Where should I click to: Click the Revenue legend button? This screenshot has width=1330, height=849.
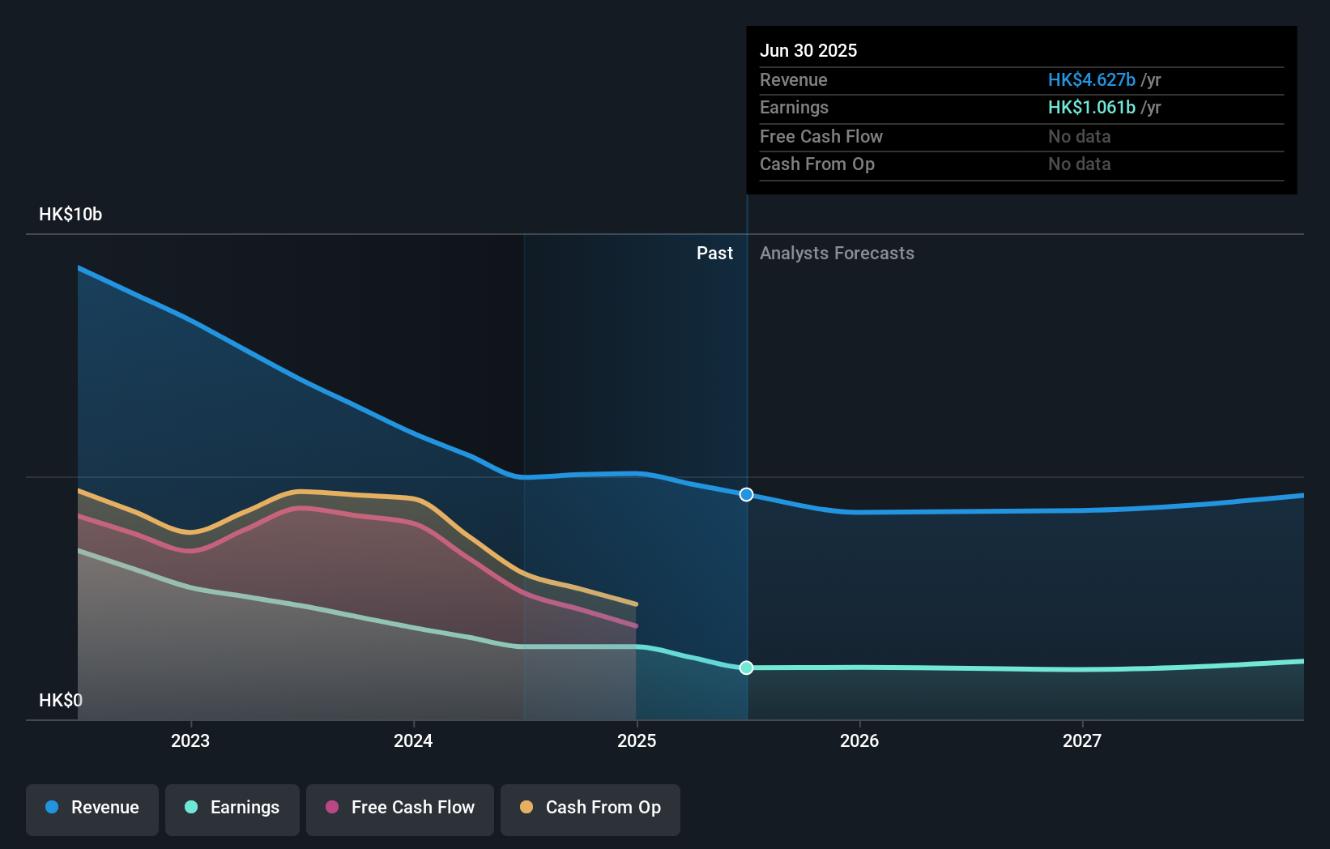[92, 808]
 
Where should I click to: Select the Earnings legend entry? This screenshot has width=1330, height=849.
[232, 808]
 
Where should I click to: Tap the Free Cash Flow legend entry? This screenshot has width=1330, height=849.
[400, 808]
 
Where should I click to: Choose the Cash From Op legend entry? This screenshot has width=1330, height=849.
[590, 808]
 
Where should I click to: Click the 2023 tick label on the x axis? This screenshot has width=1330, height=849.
[190, 741]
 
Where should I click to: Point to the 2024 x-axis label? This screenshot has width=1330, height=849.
[413, 741]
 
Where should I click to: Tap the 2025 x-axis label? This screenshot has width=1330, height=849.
[637, 741]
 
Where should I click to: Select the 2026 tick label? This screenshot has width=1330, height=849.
[859, 741]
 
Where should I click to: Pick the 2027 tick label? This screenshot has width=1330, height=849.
[1082, 741]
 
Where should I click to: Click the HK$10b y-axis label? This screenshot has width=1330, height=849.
[70, 215]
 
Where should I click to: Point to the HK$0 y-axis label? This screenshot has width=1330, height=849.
[61, 701]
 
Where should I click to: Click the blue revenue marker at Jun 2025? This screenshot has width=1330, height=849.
[747, 495]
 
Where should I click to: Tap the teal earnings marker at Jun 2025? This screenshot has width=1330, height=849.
[747, 668]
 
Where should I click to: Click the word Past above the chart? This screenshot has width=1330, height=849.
[714, 254]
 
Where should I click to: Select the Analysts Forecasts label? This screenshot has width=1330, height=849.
[837, 254]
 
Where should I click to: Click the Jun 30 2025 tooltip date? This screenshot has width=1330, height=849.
[808, 51]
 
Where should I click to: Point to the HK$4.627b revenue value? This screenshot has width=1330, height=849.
[1091, 80]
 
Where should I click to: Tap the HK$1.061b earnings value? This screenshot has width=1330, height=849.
[1091, 108]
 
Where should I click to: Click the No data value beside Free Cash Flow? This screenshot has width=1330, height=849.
[1079, 137]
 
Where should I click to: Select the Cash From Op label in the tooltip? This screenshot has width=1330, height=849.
[817, 164]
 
